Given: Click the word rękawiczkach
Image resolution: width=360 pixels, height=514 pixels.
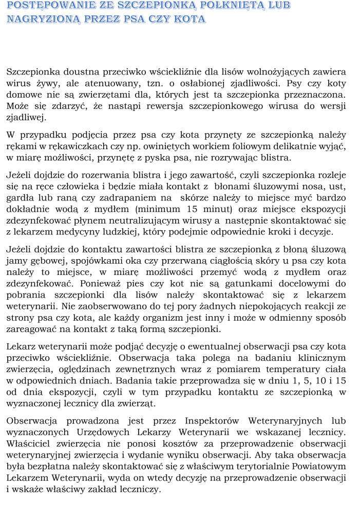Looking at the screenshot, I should click(71, 146).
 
